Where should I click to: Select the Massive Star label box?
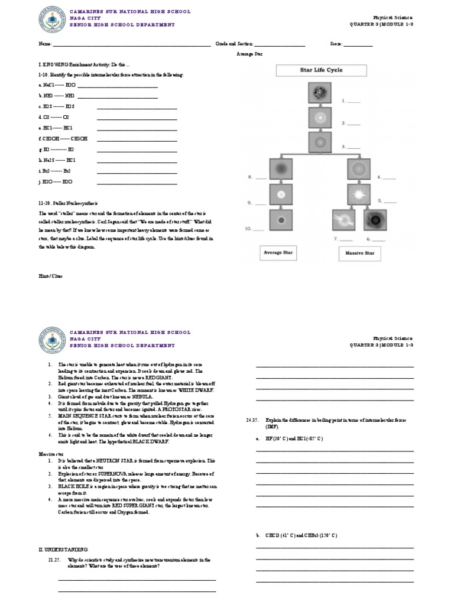(x=359, y=253)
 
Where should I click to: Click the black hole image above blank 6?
(x=374, y=221)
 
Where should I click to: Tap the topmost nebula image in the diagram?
(x=320, y=93)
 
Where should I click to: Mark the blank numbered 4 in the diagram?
(x=390, y=177)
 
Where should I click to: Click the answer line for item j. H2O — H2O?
(x=137, y=181)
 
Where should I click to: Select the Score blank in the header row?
(x=358, y=44)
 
